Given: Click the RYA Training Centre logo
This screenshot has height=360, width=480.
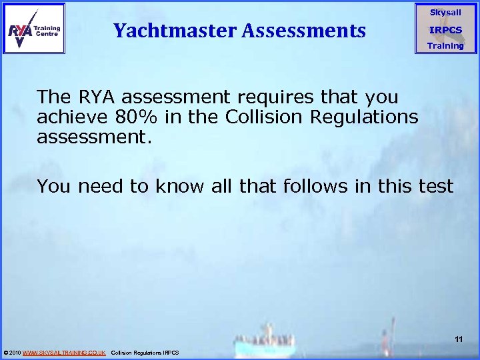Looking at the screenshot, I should click(x=34, y=29).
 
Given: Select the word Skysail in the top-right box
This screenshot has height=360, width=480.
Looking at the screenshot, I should click(x=445, y=13).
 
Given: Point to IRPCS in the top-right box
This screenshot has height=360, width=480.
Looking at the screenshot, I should click(x=445, y=30).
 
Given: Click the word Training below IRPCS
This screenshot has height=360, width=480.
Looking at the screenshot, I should click(x=445, y=46).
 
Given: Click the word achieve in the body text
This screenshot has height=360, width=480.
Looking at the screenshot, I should click(x=71, y=117).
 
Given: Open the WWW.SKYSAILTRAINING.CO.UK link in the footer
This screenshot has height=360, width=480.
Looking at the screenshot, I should click(x=64, y=352).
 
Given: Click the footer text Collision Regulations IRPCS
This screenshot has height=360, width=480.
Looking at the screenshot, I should click(x=145, y=352).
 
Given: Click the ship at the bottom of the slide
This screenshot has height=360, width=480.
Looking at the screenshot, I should click(x=267, y=343).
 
